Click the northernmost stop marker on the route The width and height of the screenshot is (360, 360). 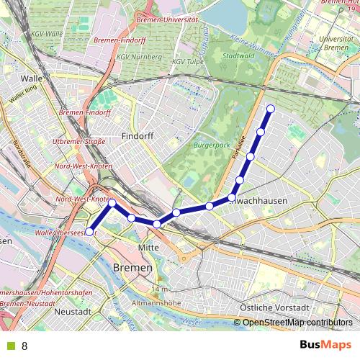[271, 109]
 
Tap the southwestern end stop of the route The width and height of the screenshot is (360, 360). [90, 232]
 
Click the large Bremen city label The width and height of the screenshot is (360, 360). [132, 267]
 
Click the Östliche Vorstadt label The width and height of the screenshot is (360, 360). [270, 307]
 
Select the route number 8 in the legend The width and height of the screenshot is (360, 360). [24, 346]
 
